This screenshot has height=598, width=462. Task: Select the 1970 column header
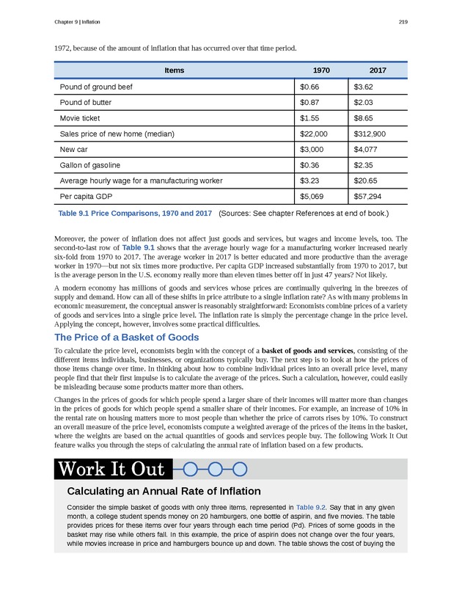(x=321, y=70)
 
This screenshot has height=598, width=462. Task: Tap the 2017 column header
(x=378, y=70)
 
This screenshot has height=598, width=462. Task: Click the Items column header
(x=174, y=70)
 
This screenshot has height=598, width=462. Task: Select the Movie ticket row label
(x=80, y=117)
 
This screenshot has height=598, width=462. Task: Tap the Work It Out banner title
(x=112, y=468)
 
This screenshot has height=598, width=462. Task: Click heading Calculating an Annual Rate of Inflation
(x=164, y=491)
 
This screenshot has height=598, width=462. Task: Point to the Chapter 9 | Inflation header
(x=77, y=21)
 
